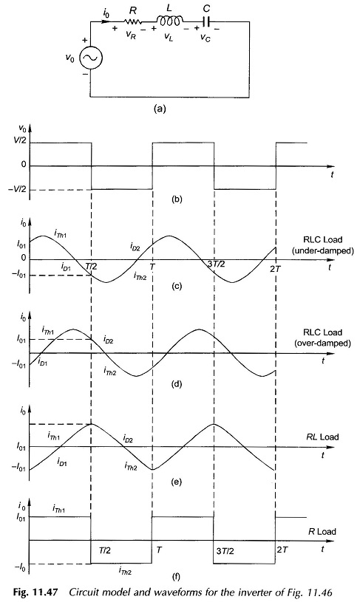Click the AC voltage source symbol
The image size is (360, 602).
tap(91, 58)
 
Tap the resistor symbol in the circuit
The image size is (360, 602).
tap(133, 21)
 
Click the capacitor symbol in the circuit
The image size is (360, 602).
tap(206, 22)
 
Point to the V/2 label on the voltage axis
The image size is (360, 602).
tap(20, 143)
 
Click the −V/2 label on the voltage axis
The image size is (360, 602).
tap(18, 190)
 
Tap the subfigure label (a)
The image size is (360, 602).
tap(160, 109)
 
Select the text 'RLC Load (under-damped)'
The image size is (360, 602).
tap(322, 245)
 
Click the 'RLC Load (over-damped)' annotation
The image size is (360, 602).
tap(322, 338)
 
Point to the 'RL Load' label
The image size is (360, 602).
tap(322, 437)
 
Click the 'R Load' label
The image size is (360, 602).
tap(322, 532)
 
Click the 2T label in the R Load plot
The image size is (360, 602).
tap(282, 550)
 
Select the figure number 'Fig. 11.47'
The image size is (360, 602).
tap(35, 592)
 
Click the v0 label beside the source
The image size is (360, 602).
tap(69, 59)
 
